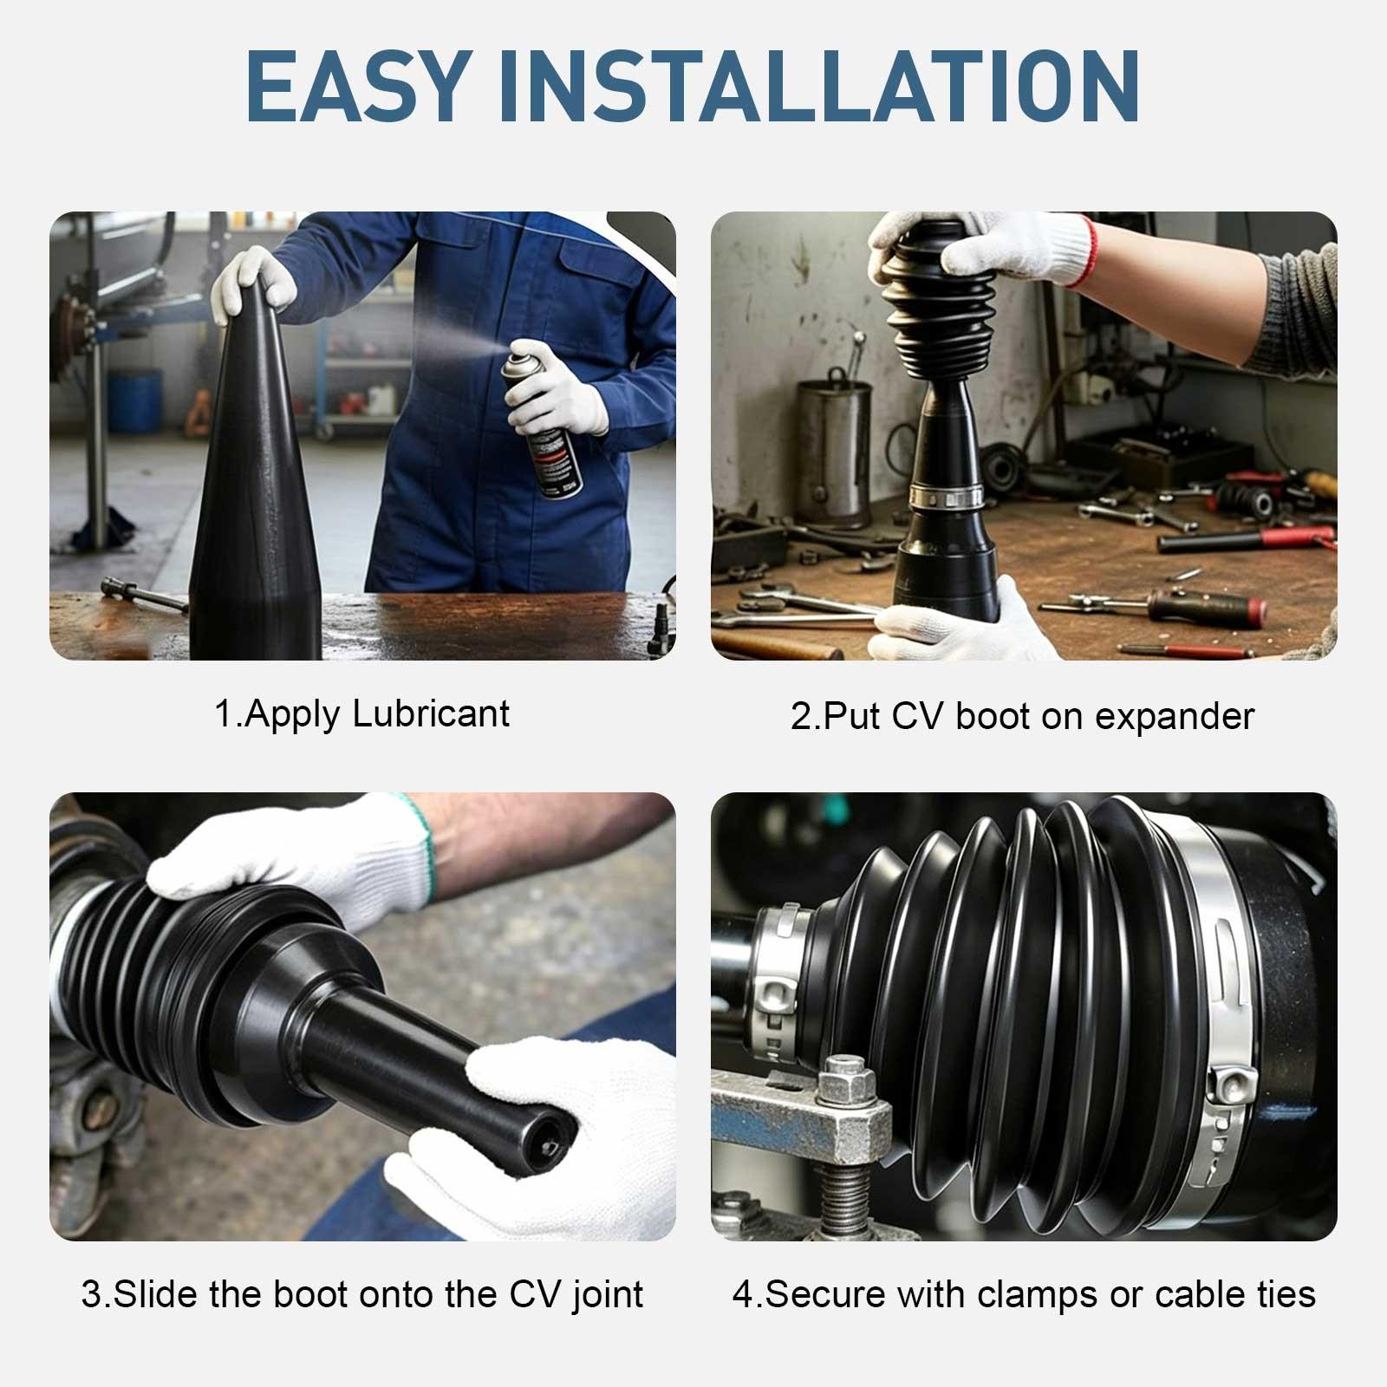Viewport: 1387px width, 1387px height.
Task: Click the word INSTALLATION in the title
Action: tap(819, 86)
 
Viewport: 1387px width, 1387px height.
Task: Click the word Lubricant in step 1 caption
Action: tap(432, 714)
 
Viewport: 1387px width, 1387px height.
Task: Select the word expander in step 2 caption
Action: tap(1175, 718)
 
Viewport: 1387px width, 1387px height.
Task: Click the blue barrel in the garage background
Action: tap(134, 400)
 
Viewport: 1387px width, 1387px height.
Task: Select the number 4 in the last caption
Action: tap(743, 1294)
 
